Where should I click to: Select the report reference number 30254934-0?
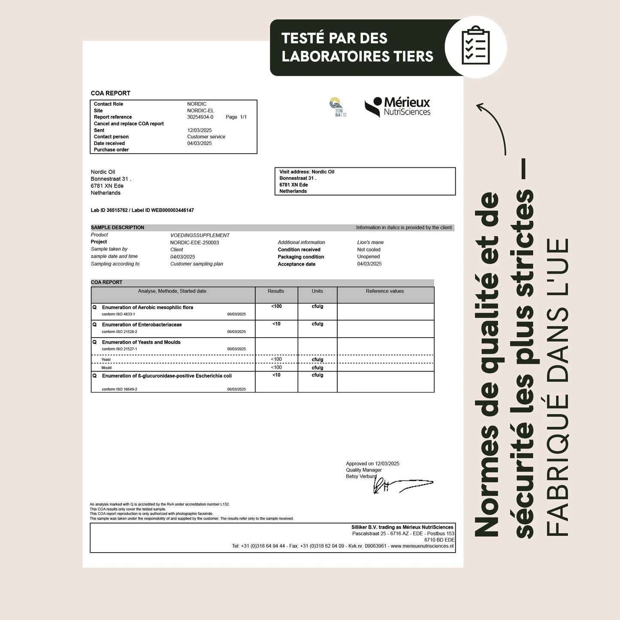pos(200,117)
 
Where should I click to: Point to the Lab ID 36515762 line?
pos(142,210)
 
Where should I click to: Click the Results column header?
pos(276,291)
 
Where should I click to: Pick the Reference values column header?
pos(385,291)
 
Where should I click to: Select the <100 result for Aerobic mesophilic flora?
pos(276,306)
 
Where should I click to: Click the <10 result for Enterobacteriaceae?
pos(276,324)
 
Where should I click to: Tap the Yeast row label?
pos(106,360)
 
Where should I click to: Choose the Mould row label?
pos(106,368)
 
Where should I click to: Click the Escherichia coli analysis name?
pos(166,376)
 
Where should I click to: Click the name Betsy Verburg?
pos(361,476)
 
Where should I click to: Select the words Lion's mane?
pos(370,242)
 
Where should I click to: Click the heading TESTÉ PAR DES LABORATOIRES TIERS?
pos(357,47)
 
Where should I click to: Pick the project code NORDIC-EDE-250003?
pos(194,242)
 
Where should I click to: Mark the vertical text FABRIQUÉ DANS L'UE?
pos(558,386)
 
